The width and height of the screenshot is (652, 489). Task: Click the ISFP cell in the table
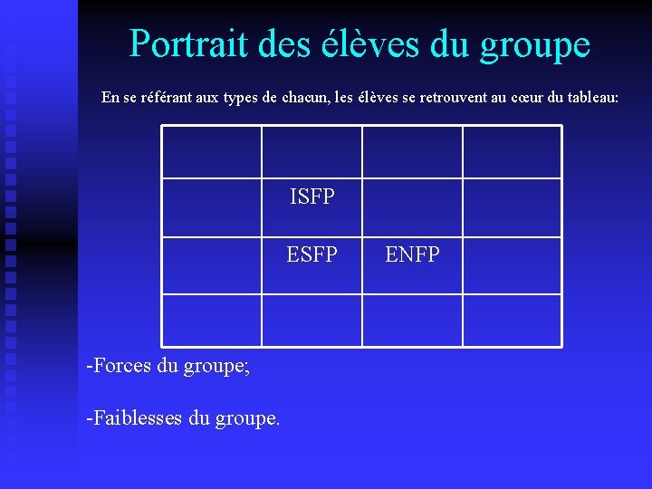pos(312,197)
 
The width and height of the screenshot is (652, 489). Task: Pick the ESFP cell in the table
pos(312,255)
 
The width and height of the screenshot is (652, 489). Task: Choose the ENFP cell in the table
pos(412,255)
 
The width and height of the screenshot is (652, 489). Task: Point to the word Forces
pos(119,366)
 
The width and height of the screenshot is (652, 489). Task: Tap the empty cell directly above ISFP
pos(312,151)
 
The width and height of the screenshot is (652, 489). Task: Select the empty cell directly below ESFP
pos(312,320)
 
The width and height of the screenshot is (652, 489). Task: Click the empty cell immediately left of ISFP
pos(212,206)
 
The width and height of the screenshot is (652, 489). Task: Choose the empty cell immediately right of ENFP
pos(512,265)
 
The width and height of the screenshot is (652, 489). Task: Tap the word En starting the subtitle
pos(110,97)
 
